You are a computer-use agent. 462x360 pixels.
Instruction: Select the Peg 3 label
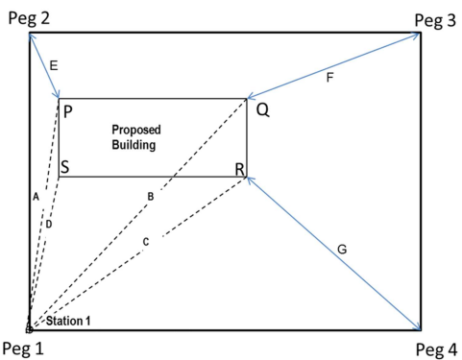point(434,19)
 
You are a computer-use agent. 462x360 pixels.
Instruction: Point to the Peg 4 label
point(434,348)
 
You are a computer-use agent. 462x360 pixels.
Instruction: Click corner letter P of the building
point(68,111)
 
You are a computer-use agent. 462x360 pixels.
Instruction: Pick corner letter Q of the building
point(261,109)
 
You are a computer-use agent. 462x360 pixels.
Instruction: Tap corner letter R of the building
point(239,168)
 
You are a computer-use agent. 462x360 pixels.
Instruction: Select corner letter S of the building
point(65,167)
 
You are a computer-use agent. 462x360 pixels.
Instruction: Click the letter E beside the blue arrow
point(53,65)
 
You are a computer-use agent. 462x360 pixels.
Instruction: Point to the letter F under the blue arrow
point(329,77)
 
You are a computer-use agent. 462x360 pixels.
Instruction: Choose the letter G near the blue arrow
point(341,250)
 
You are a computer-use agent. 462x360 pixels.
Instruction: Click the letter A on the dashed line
point(35,196)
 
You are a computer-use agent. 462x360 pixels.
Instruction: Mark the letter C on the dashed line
point(146,241)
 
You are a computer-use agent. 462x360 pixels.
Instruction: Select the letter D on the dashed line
point(48,224)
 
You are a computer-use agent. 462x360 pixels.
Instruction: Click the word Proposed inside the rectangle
point(134,129)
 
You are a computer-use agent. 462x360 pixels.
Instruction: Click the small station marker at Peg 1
point(29,329)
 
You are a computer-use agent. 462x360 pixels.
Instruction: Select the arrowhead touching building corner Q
point(251,96)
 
